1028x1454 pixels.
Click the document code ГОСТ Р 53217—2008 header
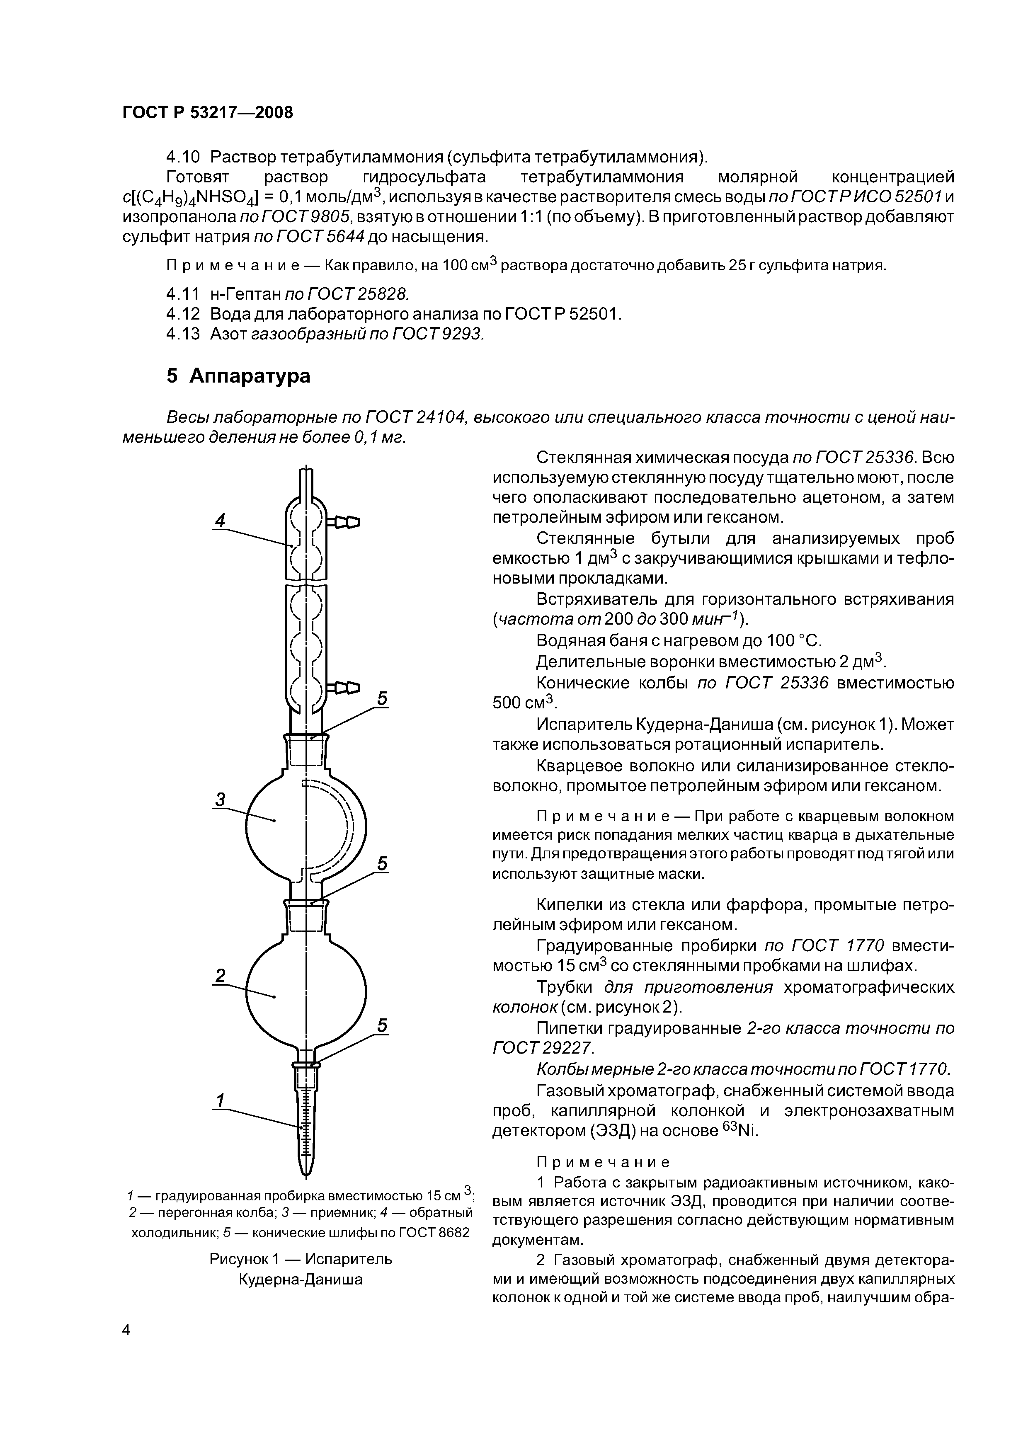click(208, 113)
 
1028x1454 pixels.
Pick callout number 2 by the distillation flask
click(220, 976)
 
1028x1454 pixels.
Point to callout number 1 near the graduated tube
click(220, 1100)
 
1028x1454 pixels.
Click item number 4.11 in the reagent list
click(182, 294)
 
